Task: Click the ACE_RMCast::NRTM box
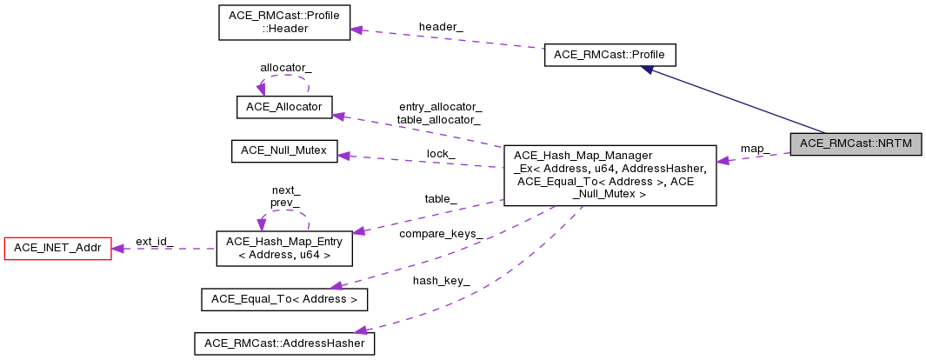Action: pyautogui.click(x=855, y=143)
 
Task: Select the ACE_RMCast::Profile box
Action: pyautogui.click(x=609, y=55)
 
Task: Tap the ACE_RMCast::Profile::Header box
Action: pyautogui.click(x=283, y=23)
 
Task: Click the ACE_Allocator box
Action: pyautogui.click(x=284, y=106)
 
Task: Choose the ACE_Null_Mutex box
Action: pyautogui.click(x=283, y=150)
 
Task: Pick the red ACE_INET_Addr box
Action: pyautogui.click(x=57, y=249)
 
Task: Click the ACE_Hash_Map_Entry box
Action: pyautogui.click(x=283, y=248)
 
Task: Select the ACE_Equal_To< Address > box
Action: pyautogui.click(x=283, y=299)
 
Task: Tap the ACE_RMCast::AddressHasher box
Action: pyautogui.click(x=283, y=343)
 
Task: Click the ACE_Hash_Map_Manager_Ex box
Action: pyautogui.click(x=610, y=175)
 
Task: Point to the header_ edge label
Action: pyautogui.click(x=441, y=27)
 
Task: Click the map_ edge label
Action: pyautogui.click(x=754, y=148)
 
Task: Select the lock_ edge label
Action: pyautogui.click(x=440, y=153)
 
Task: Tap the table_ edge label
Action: pyautogui.click(x=440, y=198)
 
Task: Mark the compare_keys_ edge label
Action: pyautogui.click(x=440, y=234)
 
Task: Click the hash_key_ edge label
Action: pyautogui.click(x=441, y=280)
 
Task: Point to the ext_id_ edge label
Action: pyautogui.click(x=154, y=241)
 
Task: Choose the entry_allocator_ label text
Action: pyautogui.click(x=439, y=106)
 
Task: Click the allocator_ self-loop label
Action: pyautogui.click(x=285, y=67)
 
